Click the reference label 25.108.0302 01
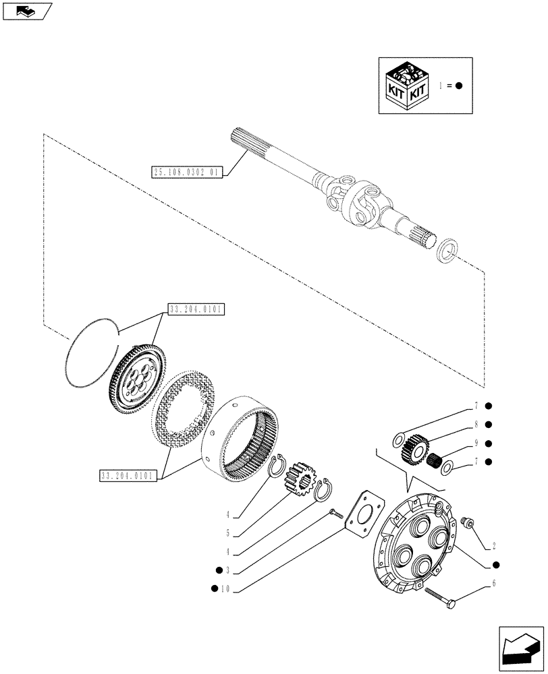pyautogui.click(x=186, y=173)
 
